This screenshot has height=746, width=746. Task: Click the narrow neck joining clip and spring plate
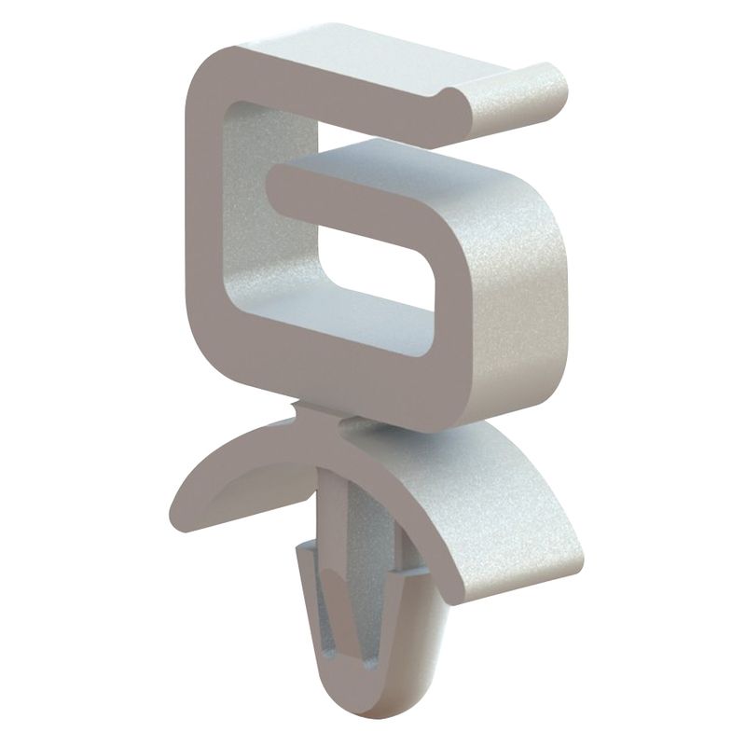pos(317,424)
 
